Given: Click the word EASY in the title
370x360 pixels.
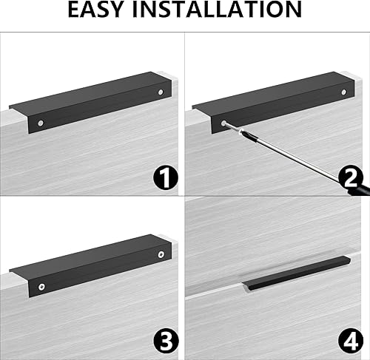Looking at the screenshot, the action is point(95,10).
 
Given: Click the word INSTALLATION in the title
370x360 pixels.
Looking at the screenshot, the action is point(217,10).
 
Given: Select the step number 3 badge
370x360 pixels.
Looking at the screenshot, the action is point(166,341).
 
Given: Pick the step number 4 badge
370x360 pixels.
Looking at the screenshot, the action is point(350,341).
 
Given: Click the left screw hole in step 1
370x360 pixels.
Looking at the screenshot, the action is point(41,123).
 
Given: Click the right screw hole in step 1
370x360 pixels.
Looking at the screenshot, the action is point(161,92).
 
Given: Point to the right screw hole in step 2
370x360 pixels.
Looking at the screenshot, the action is point(344,92).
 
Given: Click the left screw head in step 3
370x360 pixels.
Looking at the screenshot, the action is point(41,287).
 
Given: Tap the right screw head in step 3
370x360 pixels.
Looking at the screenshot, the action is point(161,254).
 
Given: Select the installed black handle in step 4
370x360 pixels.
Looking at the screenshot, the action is point(296,273).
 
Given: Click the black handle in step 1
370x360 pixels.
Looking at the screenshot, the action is point(90,103).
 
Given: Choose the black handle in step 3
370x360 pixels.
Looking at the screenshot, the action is point(90,265).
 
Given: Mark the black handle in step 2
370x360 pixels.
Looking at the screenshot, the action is point(273,103).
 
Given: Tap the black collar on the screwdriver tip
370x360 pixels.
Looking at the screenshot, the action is point(246,135).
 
